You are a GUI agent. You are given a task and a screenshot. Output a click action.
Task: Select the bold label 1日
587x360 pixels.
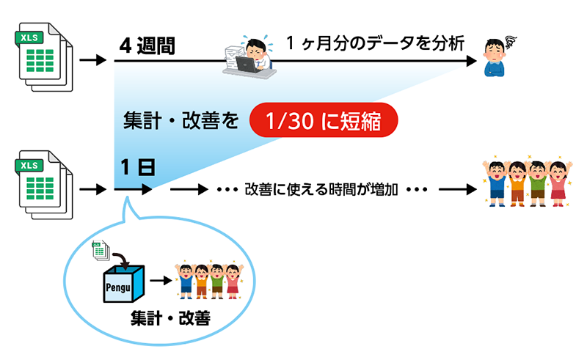137,168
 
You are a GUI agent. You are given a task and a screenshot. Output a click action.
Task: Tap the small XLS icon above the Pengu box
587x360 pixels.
99,250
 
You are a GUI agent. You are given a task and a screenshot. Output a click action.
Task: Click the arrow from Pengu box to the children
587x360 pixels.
160,280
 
